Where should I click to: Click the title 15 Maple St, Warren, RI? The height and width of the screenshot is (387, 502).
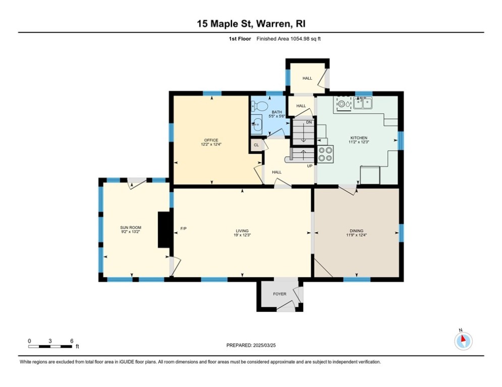251,24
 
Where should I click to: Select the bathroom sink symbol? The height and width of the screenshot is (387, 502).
256,123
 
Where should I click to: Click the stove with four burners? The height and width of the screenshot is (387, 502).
326,154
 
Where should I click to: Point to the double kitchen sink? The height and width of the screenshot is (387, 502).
363,104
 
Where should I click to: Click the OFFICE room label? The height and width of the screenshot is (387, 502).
211,140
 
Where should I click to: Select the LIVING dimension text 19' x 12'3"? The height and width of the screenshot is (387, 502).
243,235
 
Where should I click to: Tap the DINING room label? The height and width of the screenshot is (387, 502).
357,231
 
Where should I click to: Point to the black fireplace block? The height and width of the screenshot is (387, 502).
164,229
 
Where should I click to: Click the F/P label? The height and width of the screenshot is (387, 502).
184,229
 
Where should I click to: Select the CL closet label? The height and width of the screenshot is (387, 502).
256,145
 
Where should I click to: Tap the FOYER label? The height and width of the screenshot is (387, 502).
280,294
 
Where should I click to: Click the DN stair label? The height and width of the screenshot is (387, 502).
309,122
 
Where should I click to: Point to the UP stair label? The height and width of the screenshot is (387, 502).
310,166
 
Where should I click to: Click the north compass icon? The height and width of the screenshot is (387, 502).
463,341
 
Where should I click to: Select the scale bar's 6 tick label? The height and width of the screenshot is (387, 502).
72,341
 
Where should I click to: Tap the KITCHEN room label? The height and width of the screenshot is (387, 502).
359,138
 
